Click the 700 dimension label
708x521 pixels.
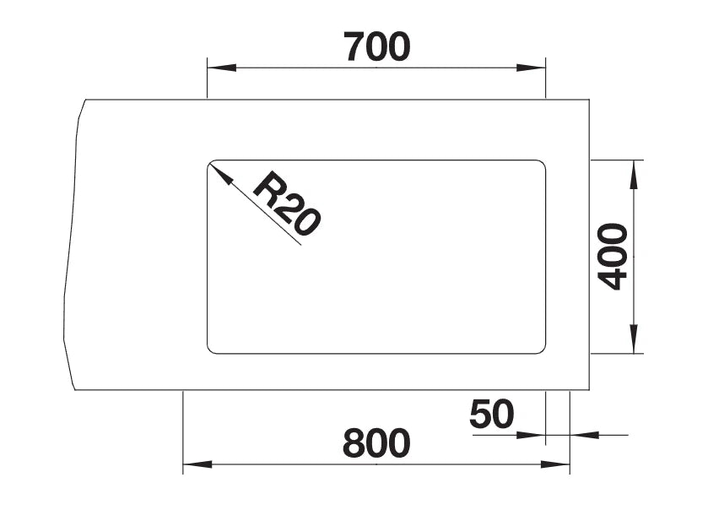[377, 46]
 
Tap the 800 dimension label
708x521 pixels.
[376, 443]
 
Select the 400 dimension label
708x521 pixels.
[613, 256]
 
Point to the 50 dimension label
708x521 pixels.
[492, 414]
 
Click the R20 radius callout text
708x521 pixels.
[287, 203]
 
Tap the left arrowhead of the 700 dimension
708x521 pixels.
[222, 68]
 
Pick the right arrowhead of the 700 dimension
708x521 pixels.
[531, 68]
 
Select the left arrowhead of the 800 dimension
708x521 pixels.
[197, 464]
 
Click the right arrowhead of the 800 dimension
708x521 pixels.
[555, 464]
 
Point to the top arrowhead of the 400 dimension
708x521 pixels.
[635, 175]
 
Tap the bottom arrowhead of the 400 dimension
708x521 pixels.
[635, 339]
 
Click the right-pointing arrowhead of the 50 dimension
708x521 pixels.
[531, 435]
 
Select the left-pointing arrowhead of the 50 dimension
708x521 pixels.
[584, 435]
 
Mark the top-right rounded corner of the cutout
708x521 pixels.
[543, 163]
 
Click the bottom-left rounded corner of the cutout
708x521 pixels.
[210, 350]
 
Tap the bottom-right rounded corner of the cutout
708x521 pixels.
[543, 350]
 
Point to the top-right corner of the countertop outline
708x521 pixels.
[589, 99]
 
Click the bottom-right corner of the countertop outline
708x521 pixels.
[589, 390]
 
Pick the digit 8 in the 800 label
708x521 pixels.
[354, 443]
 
